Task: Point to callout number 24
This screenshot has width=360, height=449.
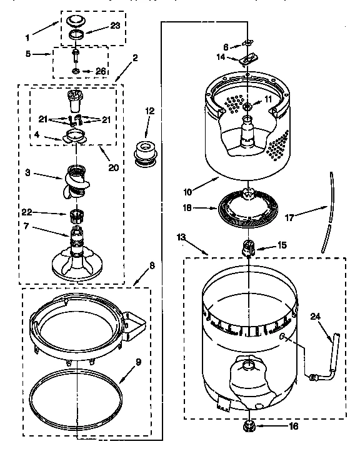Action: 316,315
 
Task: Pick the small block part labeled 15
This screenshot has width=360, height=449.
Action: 247,245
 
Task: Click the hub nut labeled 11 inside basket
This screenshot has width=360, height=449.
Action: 248,106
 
